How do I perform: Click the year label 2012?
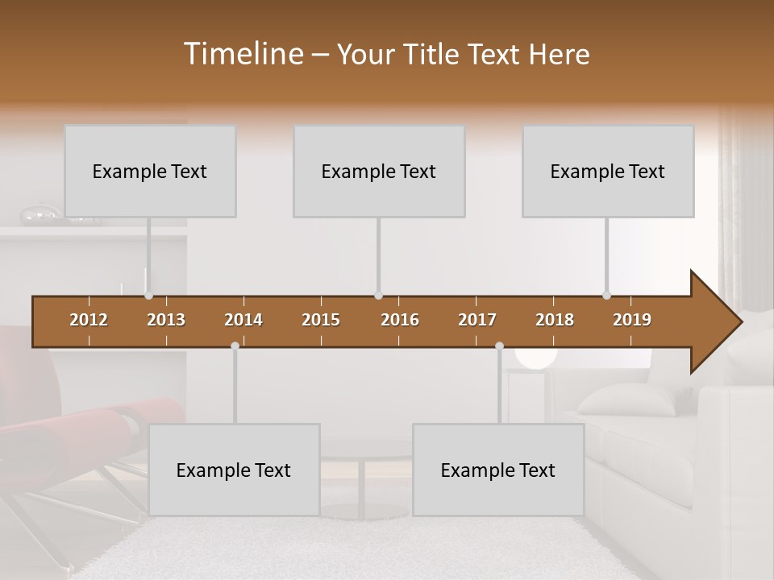89,320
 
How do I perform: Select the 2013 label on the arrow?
166,320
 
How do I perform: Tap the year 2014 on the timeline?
243,320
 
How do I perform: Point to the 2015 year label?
321,320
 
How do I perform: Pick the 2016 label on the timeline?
400,320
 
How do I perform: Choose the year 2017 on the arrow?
477,320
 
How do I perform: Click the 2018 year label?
555,320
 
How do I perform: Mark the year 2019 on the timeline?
632,320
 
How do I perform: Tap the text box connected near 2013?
150,171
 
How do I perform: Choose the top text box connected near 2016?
379,171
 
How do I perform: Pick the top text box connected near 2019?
608,171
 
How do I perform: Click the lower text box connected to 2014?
234,470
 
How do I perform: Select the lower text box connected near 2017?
498,470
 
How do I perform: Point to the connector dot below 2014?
235,346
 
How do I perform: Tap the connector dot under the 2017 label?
499,346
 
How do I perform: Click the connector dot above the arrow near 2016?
379,296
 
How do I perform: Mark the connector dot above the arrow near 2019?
607,296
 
